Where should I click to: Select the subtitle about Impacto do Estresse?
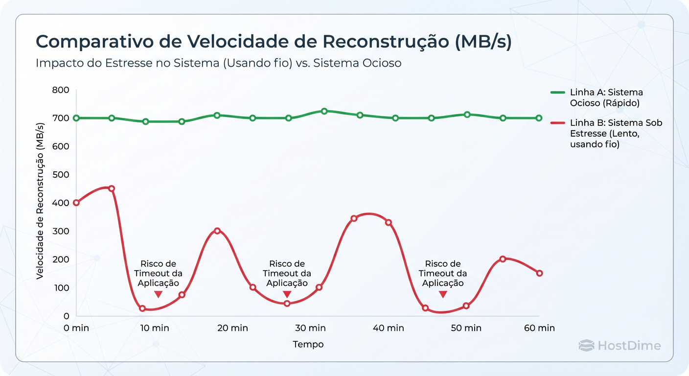point(218,64)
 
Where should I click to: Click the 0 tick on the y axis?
point(66,316)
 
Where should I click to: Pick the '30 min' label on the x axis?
point(310,328)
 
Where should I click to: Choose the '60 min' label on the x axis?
point(539,328)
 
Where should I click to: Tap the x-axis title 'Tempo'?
point(308,344)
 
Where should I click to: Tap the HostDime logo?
point(620,346)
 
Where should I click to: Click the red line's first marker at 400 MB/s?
point(76,203)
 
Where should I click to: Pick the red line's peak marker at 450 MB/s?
point(112,188)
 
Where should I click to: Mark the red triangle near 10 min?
point(158,294)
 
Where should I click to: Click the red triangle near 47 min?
point(443,294)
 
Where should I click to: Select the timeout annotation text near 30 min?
point(287,274)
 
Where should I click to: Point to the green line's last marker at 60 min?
point(539,118)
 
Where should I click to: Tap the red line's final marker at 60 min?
point(539,273)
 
